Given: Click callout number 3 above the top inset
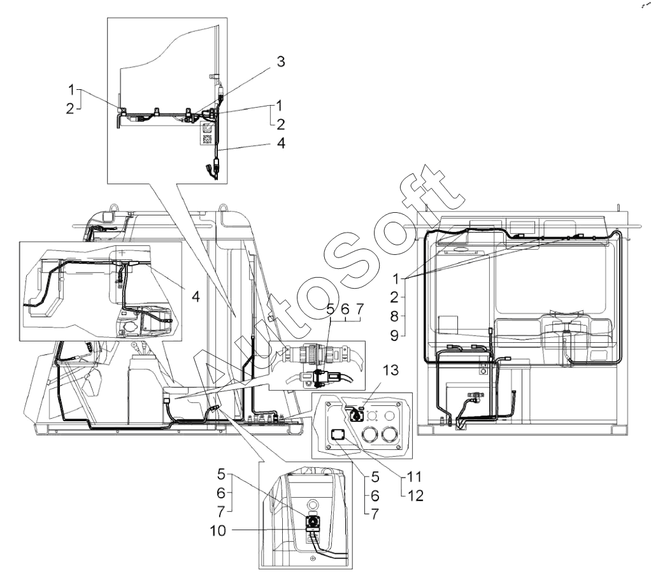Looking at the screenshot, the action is pos(281,62).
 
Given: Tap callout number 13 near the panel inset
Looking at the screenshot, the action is pos(390,370).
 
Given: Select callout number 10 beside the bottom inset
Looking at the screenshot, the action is pos(218,530).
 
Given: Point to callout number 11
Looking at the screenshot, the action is pos(414,477).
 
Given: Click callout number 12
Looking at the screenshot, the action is pos(415,495).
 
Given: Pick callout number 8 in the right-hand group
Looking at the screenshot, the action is pos(394,317).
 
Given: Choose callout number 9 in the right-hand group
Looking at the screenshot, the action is pos(394,335).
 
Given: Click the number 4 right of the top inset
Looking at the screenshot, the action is pos(281,143).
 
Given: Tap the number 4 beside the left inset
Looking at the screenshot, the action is pos(196,296).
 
